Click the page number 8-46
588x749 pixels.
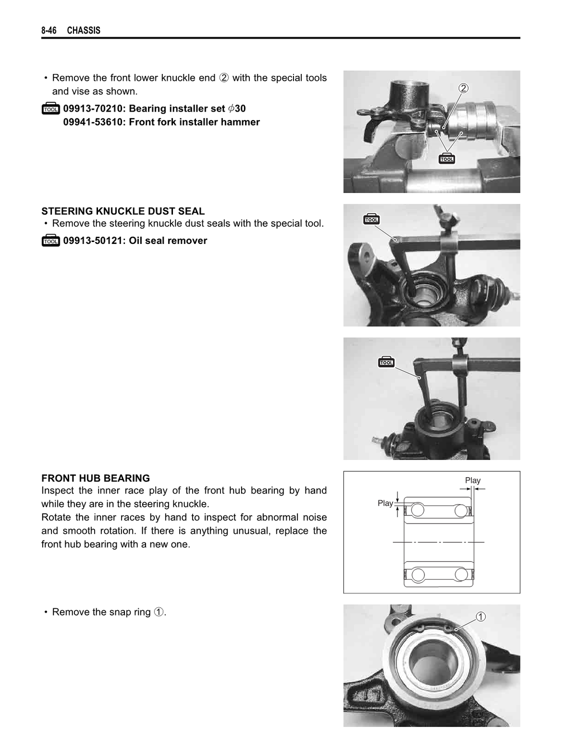tap(49, 30)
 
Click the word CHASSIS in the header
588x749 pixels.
tap(84, 30)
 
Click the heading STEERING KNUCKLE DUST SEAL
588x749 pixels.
tap(123, 211)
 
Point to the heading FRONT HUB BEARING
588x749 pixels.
tap(96, 478)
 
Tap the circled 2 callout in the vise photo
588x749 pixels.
tap(464, 88)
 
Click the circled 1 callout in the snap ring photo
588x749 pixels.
tap(481, 617)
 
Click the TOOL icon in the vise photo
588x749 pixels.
tap(447, 158)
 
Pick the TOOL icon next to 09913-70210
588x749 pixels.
tap(50, 109)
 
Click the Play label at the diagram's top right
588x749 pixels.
tap(472, 480)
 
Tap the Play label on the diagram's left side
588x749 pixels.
tap(385, 503)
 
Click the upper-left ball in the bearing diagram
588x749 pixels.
tap(417, 510)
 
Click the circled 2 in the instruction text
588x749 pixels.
tap(224, 78)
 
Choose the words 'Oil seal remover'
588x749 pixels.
tap(168, 241)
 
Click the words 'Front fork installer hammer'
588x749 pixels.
tap(195, 122)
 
